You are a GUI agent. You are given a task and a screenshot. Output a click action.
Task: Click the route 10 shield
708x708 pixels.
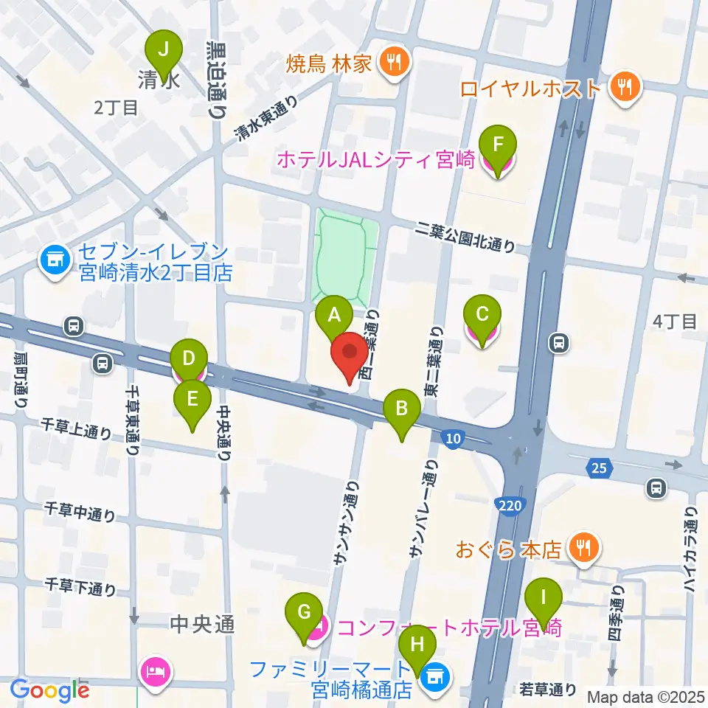(453, 439)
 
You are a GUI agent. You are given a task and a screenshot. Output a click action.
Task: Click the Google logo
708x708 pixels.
(49, 690)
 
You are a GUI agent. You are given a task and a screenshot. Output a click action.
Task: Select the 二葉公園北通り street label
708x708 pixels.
(465, 237)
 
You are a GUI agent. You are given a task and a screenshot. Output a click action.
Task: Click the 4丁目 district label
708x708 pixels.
(675, 322)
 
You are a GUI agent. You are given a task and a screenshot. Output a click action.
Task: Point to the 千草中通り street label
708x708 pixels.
(80, 510)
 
